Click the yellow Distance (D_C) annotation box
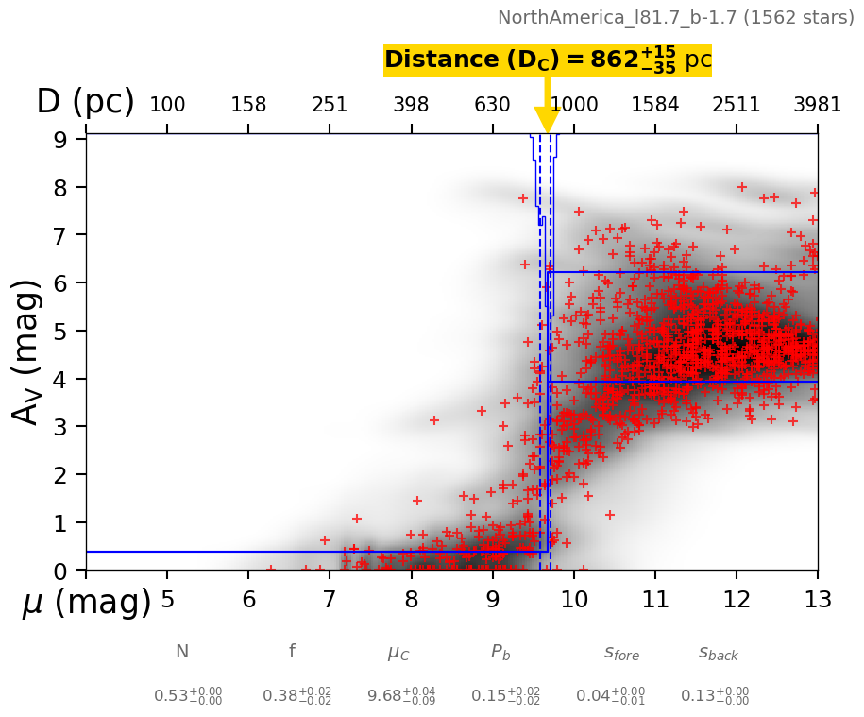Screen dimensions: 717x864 [x=547, y=60]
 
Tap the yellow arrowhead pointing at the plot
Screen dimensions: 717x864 [x=548, y=120]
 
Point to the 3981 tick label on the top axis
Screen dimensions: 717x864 [x=817, y=105]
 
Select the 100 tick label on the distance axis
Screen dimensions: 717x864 [x=167, y=105]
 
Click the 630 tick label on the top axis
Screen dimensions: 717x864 [x=492, y=105]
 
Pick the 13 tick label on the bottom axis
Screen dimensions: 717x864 [x=817, y=600]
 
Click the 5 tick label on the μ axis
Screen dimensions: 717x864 [x=167, y=600]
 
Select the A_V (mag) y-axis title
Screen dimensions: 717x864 [x=28, y=351]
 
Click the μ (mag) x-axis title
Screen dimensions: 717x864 [x=87, y=602]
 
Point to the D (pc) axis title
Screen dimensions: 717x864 [x=85, y=102]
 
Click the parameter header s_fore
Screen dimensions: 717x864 [x=621, y=653]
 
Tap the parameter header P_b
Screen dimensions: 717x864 [x=500, y=652]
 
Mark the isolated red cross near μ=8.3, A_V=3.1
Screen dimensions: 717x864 [x=434, y=420]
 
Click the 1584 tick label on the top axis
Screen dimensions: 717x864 [x=654, y=105]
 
